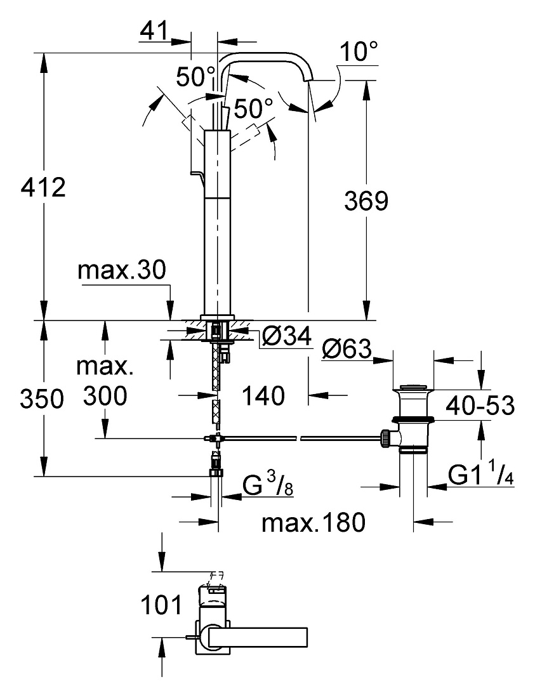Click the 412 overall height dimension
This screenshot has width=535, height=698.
point(43,187)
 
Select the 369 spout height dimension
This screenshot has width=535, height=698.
point(366,201)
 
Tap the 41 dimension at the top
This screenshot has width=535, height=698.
point(154,30)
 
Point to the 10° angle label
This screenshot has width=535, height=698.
point(359,51)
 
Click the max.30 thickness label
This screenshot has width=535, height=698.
point(121,270)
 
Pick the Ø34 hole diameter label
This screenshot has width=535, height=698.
point(286,336)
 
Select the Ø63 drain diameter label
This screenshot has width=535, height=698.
point(346,348)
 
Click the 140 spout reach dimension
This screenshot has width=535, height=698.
point(263,395)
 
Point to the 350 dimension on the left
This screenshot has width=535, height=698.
point(42,398)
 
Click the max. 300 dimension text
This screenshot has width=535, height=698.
point(105,381)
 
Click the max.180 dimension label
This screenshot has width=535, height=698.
point(314,522)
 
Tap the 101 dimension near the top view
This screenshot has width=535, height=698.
point(162,605)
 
